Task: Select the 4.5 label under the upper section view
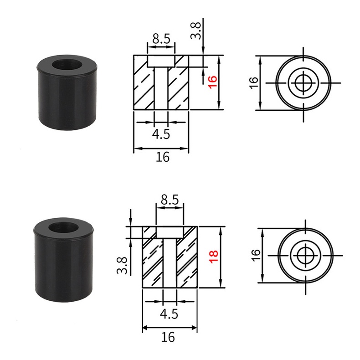(x=161, y=134)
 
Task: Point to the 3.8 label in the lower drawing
(x=122, y=264)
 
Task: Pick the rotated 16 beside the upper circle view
(x=253, y=82)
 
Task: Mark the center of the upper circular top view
(x=303, y=83)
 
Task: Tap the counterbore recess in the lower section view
(x=170, y=232)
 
